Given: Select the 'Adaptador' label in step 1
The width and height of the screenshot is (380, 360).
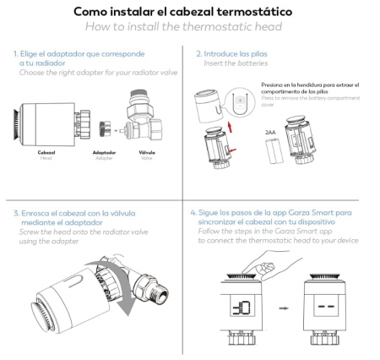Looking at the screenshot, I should (103, 155).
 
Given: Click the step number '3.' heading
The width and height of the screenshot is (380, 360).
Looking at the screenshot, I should (16, 213).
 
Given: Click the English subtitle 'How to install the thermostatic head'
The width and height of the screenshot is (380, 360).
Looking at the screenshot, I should (189, 27).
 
